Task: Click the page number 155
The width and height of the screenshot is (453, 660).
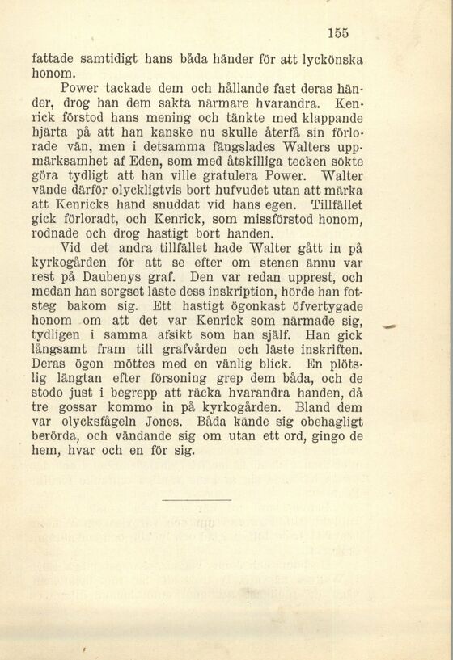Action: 338,32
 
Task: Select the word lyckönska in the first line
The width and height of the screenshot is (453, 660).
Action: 332,59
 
